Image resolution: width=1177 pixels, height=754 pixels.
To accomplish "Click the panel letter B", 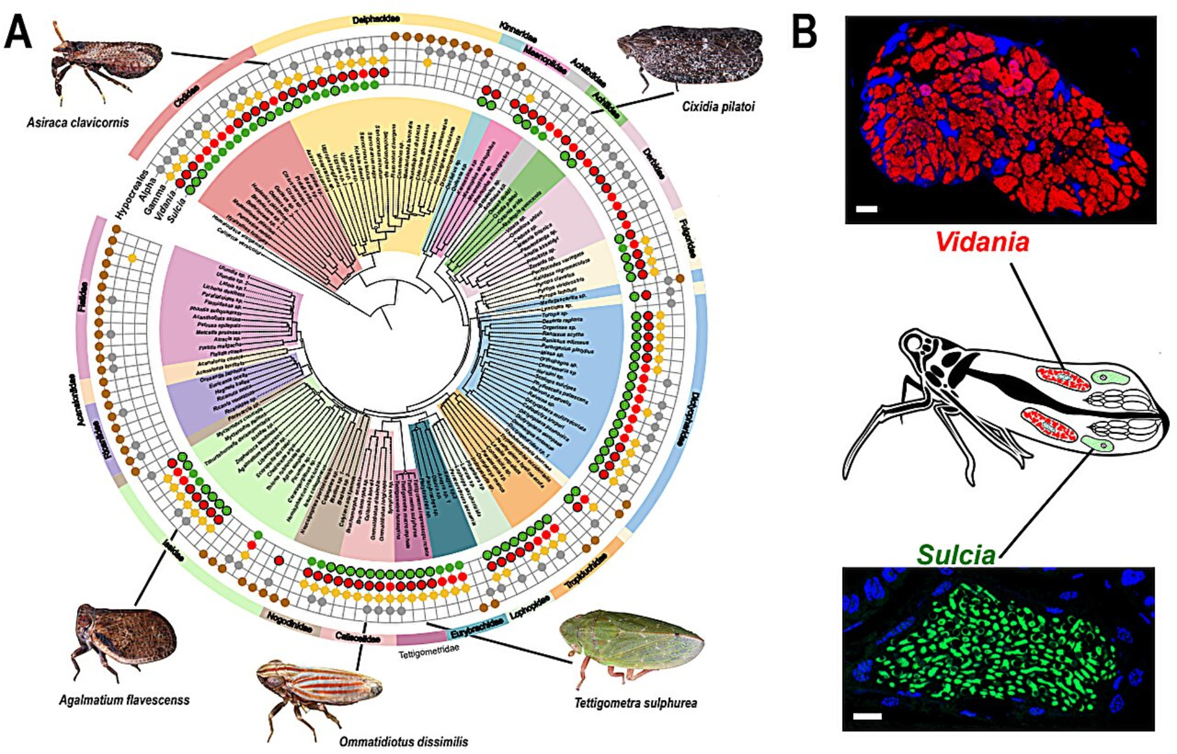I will (804, 33).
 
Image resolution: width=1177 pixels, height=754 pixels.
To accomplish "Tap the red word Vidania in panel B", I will (982, 242).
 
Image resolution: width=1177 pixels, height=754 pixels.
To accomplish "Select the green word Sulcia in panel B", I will (956, 555).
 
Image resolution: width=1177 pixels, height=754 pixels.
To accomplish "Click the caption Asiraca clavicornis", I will (78, 123).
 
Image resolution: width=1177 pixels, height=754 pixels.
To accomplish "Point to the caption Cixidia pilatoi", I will (718, 106).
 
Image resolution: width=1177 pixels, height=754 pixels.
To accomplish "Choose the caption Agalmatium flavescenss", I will (124, 700).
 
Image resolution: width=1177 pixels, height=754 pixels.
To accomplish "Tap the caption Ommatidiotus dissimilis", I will (403, 742).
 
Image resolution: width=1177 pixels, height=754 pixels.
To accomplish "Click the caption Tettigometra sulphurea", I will (636, 703).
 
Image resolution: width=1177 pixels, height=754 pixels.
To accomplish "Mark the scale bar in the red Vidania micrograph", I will (867, 209).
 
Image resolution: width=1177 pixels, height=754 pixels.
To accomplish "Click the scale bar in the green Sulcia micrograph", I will (867, 716).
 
